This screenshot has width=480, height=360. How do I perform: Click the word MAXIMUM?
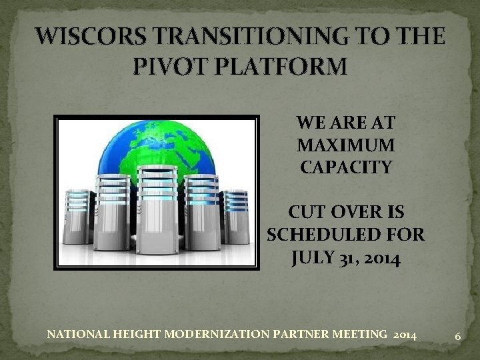[x=345, y=145]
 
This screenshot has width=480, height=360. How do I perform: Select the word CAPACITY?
[x=345, y=167]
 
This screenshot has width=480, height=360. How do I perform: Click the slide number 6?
[x=458, y=337]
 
